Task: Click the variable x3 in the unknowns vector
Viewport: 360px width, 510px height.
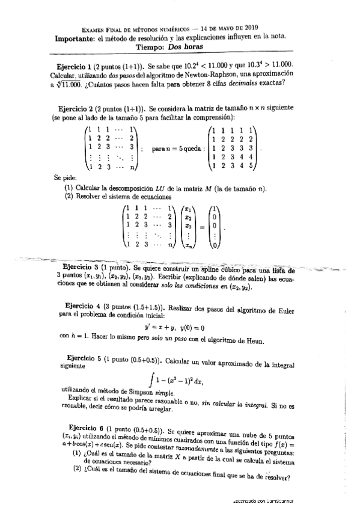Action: pos(189,228)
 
